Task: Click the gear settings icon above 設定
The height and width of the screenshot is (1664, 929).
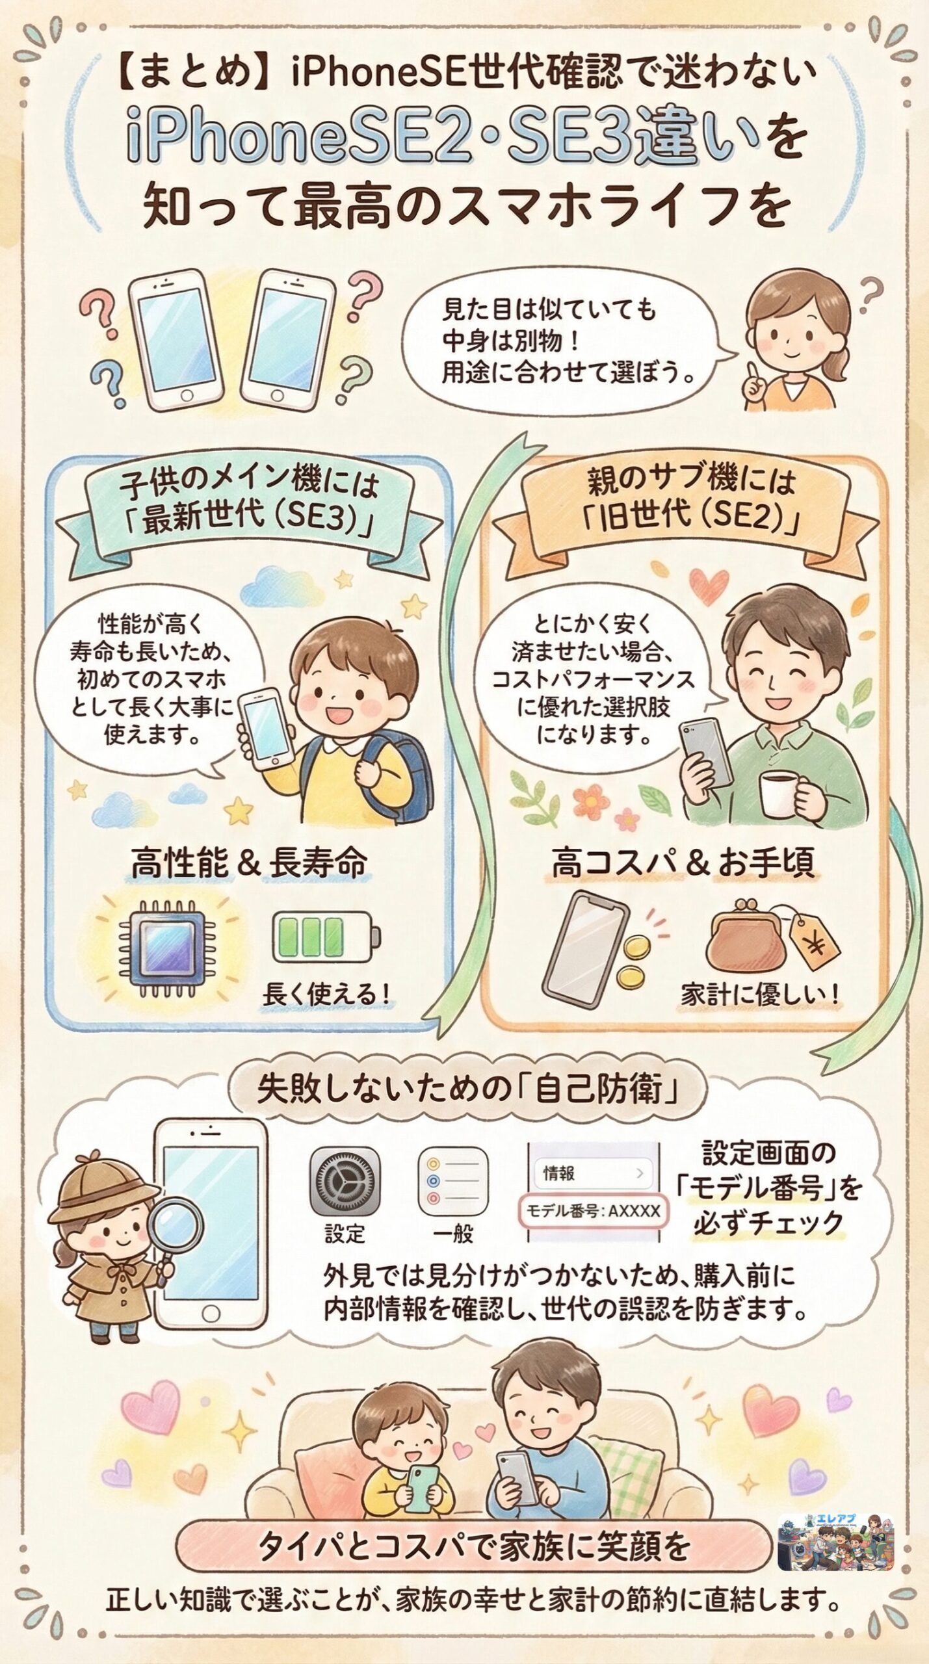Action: (x=345, y=1180)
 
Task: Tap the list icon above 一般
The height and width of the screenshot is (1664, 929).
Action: (x=452, y=1181)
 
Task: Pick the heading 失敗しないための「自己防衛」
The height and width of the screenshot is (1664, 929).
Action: (x=467, y=1091)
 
